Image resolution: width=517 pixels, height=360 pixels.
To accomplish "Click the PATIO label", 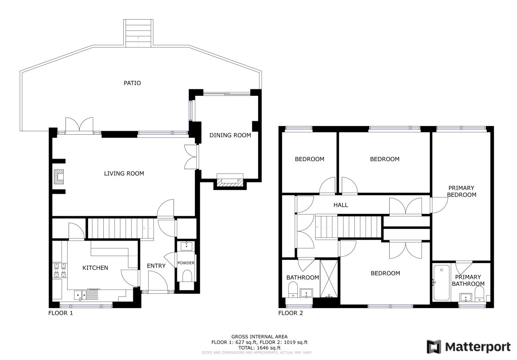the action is pyautogui.click(x=132, y=83).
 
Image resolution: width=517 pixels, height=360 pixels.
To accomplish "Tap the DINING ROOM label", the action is pyautogui.click(x=230, y=135).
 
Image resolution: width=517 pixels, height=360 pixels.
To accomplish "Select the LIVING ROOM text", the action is pyautogui.click(x=124, y=173).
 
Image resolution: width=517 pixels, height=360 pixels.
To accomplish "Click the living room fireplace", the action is pyautogui.click(x=59, y=177).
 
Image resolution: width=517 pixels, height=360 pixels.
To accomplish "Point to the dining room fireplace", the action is pyautogui.click(x=230, y=180).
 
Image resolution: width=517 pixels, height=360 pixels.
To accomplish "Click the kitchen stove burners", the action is pyautogui.click(x=59, y=270).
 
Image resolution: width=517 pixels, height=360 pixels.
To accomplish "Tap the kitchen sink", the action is pyautogui.click(x=80, y=294).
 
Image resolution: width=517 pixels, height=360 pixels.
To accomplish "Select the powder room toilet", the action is pyautogui.click(x=187, y=276).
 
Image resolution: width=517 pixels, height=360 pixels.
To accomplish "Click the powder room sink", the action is pyautogui.click(x=187, y=246).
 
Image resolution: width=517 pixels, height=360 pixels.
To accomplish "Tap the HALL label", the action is pyautogui.click(x=340, y=205).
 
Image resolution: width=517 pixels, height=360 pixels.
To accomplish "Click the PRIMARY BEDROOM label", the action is pyautogui.click(x=462, y=191).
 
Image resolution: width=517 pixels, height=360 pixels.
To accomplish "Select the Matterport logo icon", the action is pyautogui.click(x=434, y=347).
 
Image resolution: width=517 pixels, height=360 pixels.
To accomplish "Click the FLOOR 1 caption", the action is pyautogui.click(x=61, y=313).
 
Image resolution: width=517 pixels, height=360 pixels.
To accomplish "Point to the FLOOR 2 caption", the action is pyautogui.click(x=290, y=313).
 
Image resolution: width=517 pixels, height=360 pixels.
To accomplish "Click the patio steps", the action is pyautogui.click(x=138, y=33).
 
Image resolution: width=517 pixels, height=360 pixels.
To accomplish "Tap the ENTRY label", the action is pyautogui.click(x=156, y=266).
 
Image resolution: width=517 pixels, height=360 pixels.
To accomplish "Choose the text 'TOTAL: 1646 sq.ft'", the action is pyautogui.click(x=259, y=348).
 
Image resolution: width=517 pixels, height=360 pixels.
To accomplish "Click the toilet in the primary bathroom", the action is pyautogui.click(x=479, y=293).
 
